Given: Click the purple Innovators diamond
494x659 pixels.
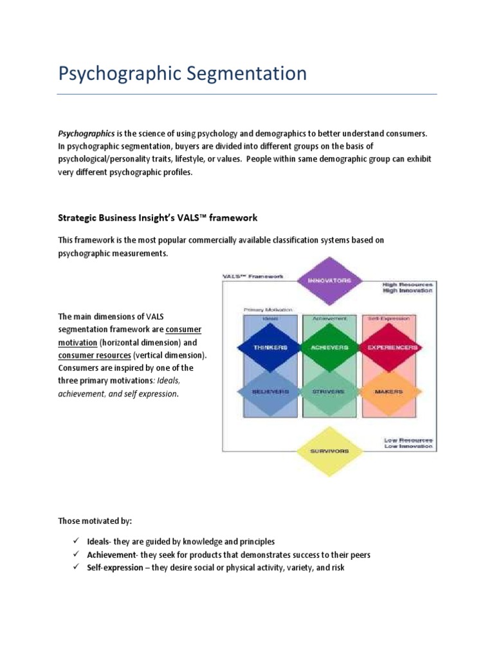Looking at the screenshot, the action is [329, 281].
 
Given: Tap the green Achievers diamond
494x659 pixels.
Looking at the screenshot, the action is [329, 348].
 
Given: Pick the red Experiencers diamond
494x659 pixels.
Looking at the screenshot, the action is [392, 348].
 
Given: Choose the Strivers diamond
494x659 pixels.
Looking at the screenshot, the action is [329, 391].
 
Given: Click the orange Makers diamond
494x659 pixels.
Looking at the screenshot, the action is [392, 391].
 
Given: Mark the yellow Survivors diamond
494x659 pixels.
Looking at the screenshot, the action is [329, 451].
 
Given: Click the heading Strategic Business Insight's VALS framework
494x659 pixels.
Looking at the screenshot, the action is [158, 218].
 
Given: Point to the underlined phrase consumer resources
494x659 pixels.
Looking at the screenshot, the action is [95, 355].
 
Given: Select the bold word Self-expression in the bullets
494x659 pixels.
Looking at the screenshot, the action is [115, 568].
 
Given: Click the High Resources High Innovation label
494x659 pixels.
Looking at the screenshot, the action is [407, 287].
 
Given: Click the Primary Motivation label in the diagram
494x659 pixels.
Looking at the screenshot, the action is [268, 310].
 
